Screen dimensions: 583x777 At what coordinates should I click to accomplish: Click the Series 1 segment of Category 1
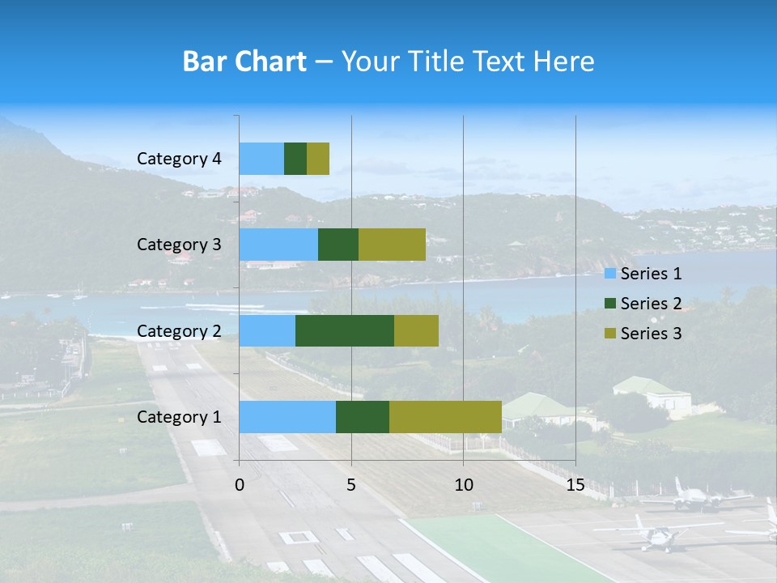coord(287,416)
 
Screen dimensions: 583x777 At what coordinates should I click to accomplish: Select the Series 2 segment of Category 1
coord(363,416)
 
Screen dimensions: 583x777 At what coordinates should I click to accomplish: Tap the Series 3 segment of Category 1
coord(445,416)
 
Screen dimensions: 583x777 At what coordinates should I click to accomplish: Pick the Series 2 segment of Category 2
coord(345,330)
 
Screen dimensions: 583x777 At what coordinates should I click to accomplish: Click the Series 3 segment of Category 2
coord(416,330)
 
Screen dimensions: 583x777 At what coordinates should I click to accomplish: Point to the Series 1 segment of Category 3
coord(278,245)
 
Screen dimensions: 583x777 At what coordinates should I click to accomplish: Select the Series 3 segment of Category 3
coord(392,245)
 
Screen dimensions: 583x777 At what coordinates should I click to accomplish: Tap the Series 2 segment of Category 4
coord(295,159)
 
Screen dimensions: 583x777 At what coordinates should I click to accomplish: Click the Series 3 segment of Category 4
coord(318,159)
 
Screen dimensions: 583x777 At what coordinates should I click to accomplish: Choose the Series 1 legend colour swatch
coord(610,274)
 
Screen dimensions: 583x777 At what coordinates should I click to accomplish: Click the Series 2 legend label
coord(651,304)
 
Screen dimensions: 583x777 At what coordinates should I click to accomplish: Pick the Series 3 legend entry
coord(643,333)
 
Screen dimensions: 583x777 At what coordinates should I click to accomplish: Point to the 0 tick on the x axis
coord(240,485)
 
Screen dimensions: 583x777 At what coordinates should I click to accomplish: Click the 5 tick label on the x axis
coord(351,485)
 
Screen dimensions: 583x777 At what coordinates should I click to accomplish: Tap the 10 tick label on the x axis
coord(463,485)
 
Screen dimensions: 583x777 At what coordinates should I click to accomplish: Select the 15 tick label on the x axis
coord(575,485)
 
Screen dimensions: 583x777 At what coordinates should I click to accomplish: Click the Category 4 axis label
coord(179,159)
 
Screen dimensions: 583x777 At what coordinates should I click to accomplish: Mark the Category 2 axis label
coord(179,330)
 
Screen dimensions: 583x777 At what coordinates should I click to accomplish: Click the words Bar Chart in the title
coord(244,61)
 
